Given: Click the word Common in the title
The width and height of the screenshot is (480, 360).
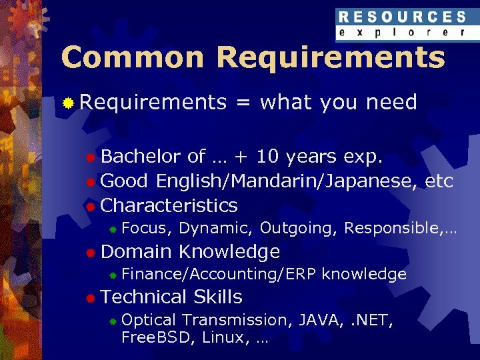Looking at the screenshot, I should pos(132,58).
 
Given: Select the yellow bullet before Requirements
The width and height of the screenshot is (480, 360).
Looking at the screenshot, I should pos(67,103).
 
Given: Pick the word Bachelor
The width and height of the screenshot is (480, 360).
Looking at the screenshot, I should pos(141,157).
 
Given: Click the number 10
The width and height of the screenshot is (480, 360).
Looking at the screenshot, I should pos(268,157).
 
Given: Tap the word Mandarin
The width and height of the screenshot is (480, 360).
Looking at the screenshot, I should pos(281,181).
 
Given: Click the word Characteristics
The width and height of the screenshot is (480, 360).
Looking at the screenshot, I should pos(169,205).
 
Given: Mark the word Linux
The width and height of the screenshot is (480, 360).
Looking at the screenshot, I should pos(221,337).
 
